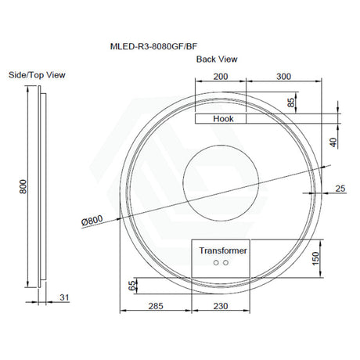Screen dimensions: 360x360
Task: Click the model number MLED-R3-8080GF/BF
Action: [x=153, y=46]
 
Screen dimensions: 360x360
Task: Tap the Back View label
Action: [x=217, y=59]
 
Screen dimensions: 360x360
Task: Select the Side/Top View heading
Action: [x=37, y=75]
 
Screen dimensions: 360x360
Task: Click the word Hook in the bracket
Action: [x=223, y=119]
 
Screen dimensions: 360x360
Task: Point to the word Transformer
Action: [x=223, y=250]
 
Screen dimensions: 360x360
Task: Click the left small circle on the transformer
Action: [x=216, y=263]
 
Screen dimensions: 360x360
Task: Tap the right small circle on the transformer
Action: [x=225, y=263]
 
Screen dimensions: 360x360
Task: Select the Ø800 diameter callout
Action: [x=92, y=221]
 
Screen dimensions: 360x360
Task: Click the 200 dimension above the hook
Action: [x=221, y=77]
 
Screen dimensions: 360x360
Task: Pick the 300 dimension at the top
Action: [x=283, y=77]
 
